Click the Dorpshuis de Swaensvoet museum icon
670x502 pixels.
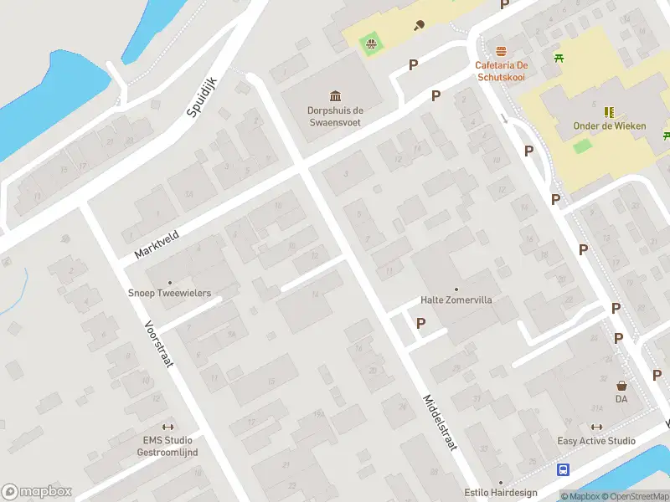click(335, 95)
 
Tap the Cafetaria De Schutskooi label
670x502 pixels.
click(501, 70)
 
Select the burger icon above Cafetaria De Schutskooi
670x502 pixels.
click(501, 51)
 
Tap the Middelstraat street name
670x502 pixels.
click(439, 423)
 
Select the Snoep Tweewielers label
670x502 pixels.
click(169, 294)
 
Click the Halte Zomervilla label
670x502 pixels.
click(456, 300)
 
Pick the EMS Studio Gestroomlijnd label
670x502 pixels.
click(167, 446)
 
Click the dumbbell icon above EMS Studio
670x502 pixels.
click(167, 427)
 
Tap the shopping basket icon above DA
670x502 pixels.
click(621, 386)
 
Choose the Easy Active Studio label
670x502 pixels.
click(596, 441)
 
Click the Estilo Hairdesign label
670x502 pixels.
click(501, 493)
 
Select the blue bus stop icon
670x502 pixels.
click(564, 470)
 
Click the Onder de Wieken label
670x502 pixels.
click(609, 125)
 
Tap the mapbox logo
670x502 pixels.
click(37, 492)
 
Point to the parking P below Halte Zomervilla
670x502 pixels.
click(420, 323)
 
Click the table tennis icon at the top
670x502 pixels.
click(419, 24)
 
